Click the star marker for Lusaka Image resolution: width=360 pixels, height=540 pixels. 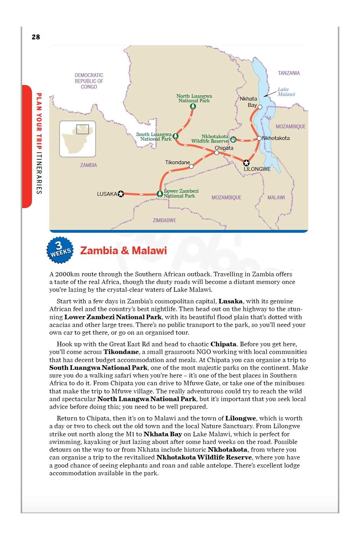point(121,194)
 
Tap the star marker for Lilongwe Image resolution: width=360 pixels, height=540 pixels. point(246,163)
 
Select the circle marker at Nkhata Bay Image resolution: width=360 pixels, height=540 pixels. point(260,107)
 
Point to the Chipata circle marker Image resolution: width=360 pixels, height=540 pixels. point(217,153)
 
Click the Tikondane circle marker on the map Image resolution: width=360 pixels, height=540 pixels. point(191,167)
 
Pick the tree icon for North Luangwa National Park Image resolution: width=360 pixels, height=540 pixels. point(193,106)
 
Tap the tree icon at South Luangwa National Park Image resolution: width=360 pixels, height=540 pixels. point(175,136)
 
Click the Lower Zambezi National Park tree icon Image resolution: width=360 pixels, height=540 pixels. point(160,194)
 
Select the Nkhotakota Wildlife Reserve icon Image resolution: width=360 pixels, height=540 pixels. point(233,140)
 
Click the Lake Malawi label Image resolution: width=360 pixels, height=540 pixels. point(286,92)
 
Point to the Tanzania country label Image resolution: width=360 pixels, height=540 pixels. point(289,73)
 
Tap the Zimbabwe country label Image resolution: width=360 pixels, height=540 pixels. point(164,220)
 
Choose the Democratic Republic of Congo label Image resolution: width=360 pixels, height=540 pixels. point(89,81)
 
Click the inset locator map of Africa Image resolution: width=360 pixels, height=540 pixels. point(78,139)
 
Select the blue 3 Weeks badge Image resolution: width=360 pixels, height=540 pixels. point(60,250)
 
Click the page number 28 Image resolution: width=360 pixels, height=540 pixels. point(36,37)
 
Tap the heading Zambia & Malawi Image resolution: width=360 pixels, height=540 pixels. point(123,251)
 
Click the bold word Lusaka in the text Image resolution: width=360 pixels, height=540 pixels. point(231,301)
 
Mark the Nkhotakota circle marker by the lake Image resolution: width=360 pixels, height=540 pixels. point(259,138)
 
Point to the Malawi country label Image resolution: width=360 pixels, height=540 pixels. point(276,198)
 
